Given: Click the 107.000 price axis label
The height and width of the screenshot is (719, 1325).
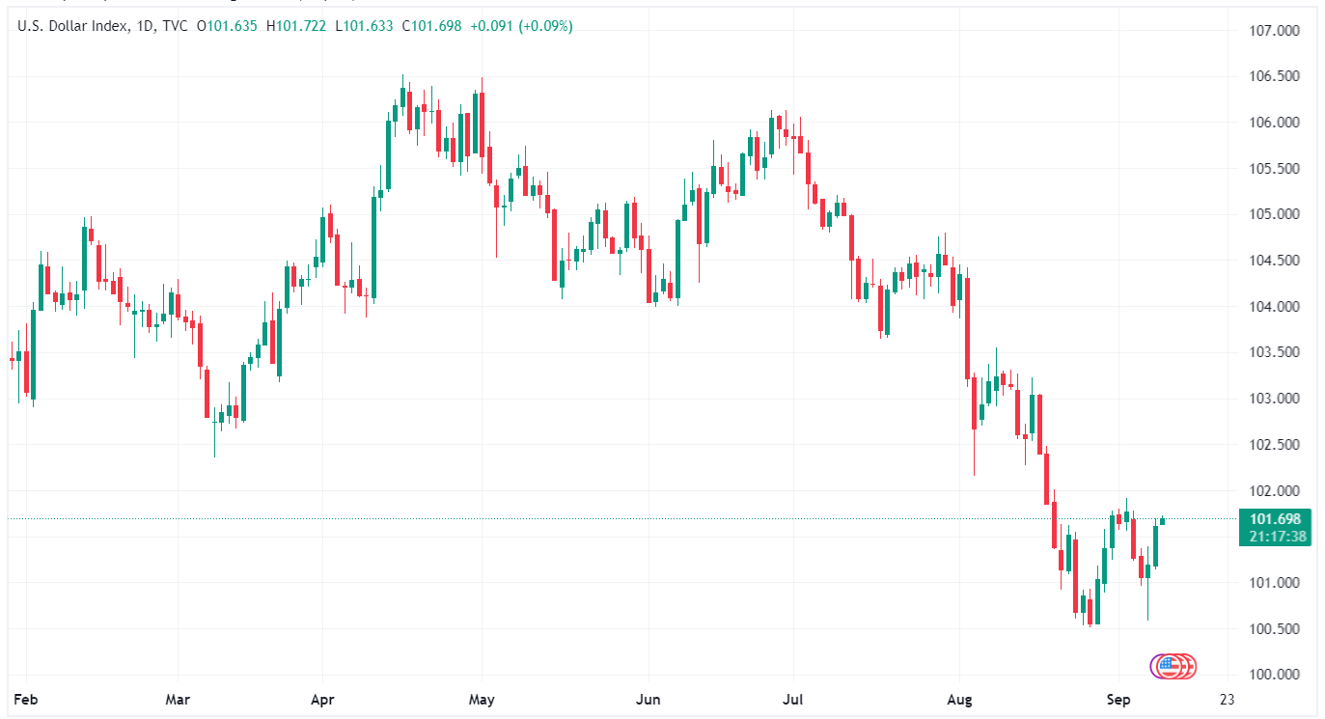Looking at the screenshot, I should [x=1274, y=30].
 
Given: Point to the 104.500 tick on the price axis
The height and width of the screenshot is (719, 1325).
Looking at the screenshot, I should [x=1274, y=261].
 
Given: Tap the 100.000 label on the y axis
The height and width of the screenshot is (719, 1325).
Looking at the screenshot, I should [x=1274, y=675].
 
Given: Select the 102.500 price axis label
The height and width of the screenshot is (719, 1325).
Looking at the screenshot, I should [x=1274, y=445].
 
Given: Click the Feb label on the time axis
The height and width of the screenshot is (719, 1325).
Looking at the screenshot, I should [x=27, y=698].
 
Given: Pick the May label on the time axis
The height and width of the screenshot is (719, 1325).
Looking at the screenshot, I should [x=481, y=698].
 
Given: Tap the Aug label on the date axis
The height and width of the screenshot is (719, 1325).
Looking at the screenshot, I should [x=959, y=698].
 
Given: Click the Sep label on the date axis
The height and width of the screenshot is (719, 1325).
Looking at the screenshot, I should [x=1118, y=698].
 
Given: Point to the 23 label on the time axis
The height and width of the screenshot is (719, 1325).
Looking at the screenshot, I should [x=1227, y=698].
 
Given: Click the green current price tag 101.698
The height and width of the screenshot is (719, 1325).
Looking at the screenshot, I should [x=1274, y=519].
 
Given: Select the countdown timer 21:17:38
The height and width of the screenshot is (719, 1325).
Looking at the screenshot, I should [x=1274, y=537].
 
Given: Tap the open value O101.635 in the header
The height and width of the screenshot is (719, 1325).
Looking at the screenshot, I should [x=227, y=26].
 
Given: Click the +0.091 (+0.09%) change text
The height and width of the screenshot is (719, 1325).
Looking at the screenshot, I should [x=521, y=26].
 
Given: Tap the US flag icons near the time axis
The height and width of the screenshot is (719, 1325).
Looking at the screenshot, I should [x=1173, y=665].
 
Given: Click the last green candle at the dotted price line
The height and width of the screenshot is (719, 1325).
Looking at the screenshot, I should [x=1163, y=521].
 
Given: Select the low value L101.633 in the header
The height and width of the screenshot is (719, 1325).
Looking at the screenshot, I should [x=364, y=26].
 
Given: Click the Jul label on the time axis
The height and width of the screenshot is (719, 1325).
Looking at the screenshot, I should [x=793, y=698].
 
